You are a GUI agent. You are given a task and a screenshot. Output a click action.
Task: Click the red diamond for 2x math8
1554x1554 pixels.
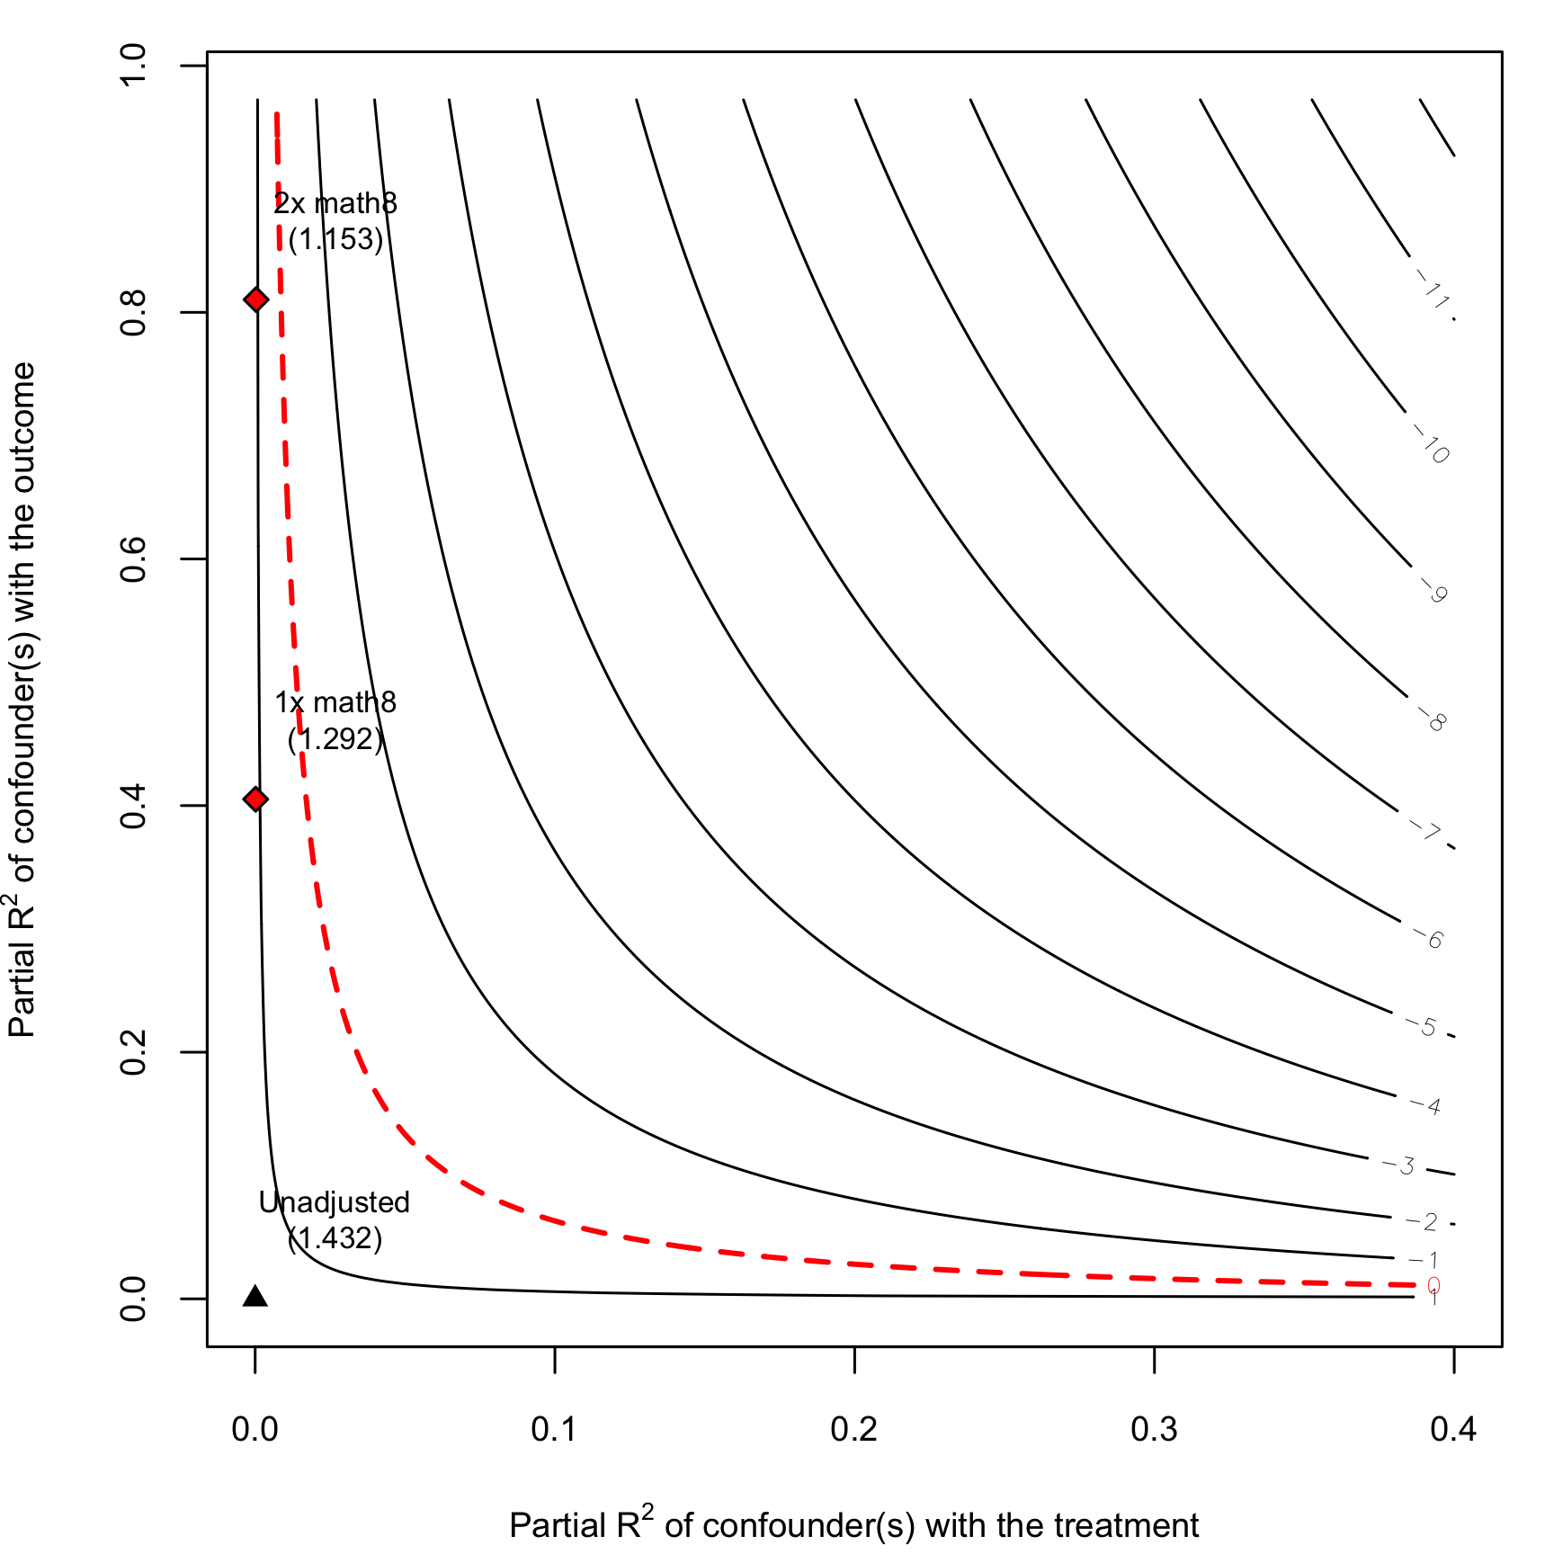256,299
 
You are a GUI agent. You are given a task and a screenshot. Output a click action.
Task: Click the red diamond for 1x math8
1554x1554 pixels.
256,799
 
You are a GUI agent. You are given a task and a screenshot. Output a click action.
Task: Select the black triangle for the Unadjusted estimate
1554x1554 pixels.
255,1296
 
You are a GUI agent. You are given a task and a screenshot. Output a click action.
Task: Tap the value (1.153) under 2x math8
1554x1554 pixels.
335,239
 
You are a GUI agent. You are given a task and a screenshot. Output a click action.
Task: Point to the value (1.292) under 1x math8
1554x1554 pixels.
335,739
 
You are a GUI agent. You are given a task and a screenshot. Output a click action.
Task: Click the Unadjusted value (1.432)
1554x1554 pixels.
335,1238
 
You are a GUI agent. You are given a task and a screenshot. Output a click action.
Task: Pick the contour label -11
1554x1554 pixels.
1432,290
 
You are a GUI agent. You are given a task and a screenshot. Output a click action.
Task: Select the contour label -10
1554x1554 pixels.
1431,444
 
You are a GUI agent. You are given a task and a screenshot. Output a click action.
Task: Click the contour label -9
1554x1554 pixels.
1433,590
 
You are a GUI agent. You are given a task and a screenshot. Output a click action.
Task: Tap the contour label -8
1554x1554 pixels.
1432,719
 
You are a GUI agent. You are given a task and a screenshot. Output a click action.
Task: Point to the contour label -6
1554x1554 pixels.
1428,939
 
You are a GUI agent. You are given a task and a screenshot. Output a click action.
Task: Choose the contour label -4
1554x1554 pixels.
1426,1105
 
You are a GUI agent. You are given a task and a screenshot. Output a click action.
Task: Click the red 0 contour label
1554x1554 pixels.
1433,1286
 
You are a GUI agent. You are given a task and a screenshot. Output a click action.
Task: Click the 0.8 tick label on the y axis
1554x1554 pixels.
133,312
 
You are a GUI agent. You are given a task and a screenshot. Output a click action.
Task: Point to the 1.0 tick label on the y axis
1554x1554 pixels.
133,65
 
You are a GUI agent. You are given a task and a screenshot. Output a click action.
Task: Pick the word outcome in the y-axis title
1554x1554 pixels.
22,428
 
